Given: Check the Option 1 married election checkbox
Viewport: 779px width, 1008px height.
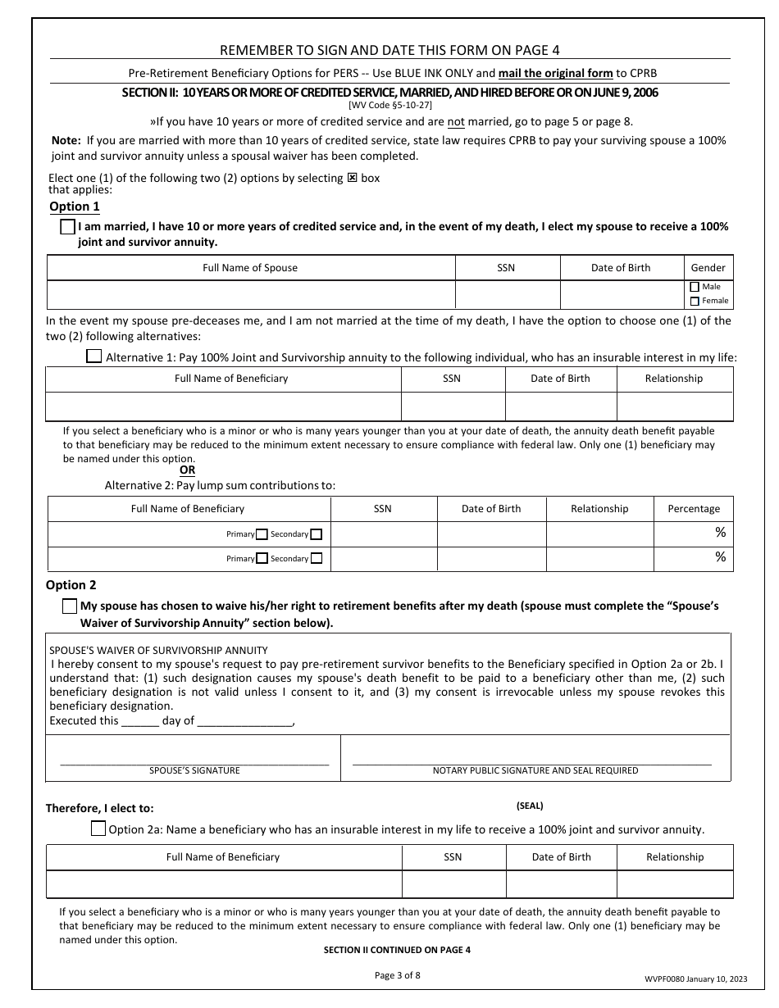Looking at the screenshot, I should click(x=68, y=228).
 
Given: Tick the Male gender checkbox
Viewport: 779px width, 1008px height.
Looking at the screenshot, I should click(x=695, y=287).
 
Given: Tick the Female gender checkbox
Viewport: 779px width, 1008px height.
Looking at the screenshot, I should click(x=695, y=301).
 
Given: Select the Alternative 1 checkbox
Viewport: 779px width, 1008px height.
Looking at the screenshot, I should click(x=94, y=356).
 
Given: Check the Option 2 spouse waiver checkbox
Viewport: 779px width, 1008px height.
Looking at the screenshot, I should click(x=70, y=606).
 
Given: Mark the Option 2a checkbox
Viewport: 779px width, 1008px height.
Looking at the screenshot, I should click(x=98, y=829).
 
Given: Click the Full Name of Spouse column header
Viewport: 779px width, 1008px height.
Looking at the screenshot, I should click(x=250, y=268).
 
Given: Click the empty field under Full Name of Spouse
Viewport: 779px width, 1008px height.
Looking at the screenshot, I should click(x=250, y=294).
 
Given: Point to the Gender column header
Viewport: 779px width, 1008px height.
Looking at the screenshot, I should click(x=708, y=268).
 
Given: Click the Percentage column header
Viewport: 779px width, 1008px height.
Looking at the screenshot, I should click(x=693, y=509).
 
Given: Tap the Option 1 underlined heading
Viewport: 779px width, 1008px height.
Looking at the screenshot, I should click(x=75, y=207).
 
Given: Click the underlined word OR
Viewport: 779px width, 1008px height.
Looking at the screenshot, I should click(x=188, y=470).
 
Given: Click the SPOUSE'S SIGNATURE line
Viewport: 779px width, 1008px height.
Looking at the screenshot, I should click(x=194, y=763).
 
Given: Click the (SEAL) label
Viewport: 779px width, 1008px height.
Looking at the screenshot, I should click(x=530, y=806).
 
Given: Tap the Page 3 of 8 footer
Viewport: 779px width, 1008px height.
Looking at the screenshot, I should click(x=397, y=975).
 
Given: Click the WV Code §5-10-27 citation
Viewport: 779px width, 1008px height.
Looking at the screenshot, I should click(x=389, y=106).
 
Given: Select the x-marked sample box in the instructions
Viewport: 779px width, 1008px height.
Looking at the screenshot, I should click(x=353, y=178).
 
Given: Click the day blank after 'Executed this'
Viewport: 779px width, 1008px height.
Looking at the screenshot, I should click(x=140, y=722).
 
